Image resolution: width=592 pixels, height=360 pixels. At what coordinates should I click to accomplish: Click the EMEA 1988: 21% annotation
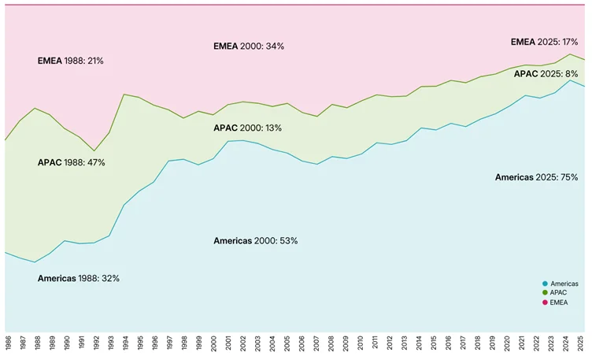pos(71,61)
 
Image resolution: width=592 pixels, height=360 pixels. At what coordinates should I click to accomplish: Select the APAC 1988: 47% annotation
pos(71,162)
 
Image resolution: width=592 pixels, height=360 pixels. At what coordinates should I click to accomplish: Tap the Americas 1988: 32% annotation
pos(79,278)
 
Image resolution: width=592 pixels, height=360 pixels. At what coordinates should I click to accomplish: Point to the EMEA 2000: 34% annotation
pos(249,46)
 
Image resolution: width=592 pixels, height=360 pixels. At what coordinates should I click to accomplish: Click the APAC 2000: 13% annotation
pos(248,128)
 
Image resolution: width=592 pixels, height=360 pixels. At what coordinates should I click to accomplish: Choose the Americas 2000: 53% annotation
pos(256,240)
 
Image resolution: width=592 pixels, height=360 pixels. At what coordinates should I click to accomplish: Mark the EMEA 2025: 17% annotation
pos(545,42)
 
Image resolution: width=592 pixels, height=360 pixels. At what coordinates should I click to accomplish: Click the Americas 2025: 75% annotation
pos(536,177)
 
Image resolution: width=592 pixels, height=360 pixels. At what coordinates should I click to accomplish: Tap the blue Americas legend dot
pos(545,284)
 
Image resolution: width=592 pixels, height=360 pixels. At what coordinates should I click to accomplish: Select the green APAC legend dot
pos(545,293)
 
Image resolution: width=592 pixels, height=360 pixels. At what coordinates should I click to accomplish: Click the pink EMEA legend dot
pos(545,302)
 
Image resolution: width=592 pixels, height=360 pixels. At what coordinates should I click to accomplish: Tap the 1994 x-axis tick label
pos(126,344)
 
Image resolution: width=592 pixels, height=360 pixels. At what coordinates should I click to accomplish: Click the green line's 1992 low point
pos(94,151)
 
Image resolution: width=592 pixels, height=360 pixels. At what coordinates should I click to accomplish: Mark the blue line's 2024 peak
pos(570,80)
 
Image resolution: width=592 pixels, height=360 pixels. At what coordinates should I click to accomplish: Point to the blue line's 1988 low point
pos(35,262)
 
